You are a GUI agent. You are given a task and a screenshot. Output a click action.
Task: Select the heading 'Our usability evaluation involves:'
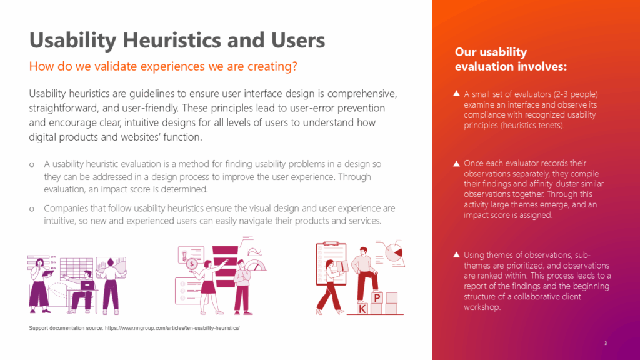pyautogui.click(x=511, y=59)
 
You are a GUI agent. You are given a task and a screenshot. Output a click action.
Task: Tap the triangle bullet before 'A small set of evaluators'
pyautogui.click(x=457, y=94)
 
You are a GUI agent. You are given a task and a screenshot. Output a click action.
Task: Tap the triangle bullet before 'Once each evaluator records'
pyautogui.click(x=457, y=163)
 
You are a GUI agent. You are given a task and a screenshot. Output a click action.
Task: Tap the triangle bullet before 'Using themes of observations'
pyautogui.click(x=457, y=255)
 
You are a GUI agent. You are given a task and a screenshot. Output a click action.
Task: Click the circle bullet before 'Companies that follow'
pyautogui.click(x=32, y=208)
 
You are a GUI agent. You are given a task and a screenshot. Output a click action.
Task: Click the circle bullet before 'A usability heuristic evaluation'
pyautogui.click(x=32, y=164)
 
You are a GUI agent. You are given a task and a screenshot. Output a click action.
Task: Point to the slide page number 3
pyautogui.click(x=606, y=343)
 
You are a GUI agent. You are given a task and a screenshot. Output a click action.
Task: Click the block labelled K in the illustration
pyautogui.click(x=362, y=309)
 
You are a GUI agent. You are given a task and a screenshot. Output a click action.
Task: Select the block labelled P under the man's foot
pyautogui.click(x=377, y=297)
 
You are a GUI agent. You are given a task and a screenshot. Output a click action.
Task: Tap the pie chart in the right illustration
pyautogui.click(x=394, y=252)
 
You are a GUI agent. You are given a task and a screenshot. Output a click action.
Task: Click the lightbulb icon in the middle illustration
pyautogui.click(x=183, y=252)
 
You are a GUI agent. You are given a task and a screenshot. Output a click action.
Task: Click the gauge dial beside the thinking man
pyautogui.click(x=256, y=266)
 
